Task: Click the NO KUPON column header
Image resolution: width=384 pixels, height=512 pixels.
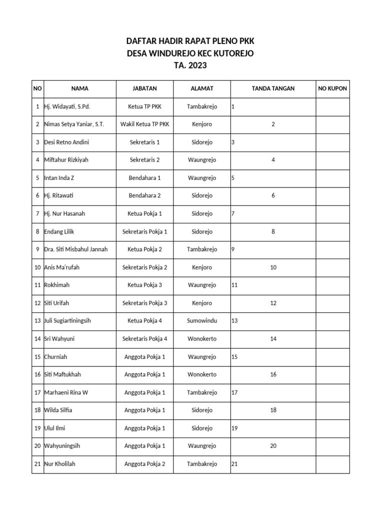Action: tap(332, 88)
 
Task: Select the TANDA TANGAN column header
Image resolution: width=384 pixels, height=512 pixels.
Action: tap(273, 88)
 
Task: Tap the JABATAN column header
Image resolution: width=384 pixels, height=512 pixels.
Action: tap(144, 88)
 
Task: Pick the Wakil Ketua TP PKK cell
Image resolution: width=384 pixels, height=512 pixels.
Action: tap(144, 124)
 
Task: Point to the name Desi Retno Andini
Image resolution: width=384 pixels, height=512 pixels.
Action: tap(66, 142)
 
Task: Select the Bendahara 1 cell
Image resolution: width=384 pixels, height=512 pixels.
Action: tap(144, 178)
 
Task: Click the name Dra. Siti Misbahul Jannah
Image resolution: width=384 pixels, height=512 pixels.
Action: tap(76, 249)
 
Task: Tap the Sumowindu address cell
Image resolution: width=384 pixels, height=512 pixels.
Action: tap(202, 321)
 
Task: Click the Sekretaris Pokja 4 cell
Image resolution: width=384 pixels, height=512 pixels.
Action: tap(144, 339)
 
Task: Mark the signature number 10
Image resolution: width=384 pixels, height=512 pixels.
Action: tap(273, 267)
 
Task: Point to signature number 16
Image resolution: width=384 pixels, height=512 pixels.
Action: tap(273, 374)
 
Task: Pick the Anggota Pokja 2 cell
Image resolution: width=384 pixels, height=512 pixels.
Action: tap(144, 464)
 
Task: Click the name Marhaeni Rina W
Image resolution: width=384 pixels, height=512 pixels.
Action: tap(66, 392)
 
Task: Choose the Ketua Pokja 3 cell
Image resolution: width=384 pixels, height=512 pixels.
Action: tap(144, 285)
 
